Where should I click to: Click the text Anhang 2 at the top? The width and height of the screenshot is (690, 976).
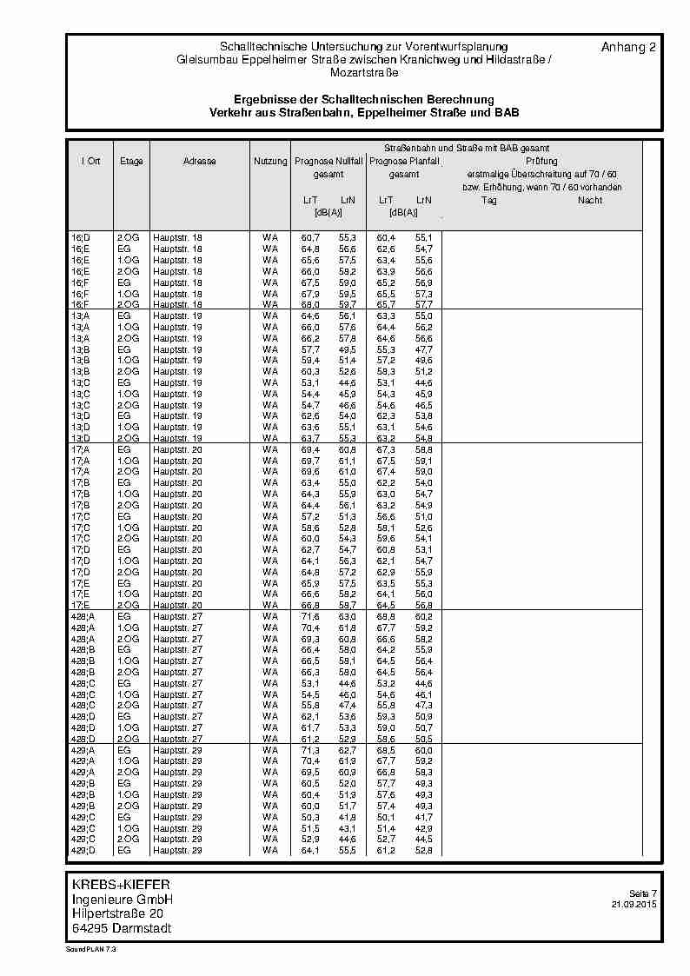[x=628, y=47]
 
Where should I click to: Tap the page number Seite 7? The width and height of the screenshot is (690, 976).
[x=643, y=893]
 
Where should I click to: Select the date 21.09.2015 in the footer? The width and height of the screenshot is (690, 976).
[x=634, y=905]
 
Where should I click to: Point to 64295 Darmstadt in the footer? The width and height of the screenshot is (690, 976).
[x=122, y=928]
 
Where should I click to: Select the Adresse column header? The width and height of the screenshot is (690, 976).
[x=200, y=162]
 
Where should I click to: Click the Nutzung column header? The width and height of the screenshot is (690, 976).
[x=270, y=162]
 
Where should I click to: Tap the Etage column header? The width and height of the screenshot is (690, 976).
[x=131, y=162]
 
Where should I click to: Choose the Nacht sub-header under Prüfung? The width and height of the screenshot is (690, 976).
[x=590, y=200]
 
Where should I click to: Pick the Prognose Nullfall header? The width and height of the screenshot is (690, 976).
[x=328, y=162]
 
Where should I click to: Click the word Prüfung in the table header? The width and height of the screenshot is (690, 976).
[x=541, y=162]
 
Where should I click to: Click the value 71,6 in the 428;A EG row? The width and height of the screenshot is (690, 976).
[x=310, y=616]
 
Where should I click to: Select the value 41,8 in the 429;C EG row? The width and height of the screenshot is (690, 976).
[x=348, y=817]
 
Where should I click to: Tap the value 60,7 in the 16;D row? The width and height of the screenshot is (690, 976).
[x=310, y=237]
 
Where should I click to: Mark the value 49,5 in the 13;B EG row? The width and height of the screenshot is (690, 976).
[x=348, y=349]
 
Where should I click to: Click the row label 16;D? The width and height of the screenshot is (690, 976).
[x=80, y=237]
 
